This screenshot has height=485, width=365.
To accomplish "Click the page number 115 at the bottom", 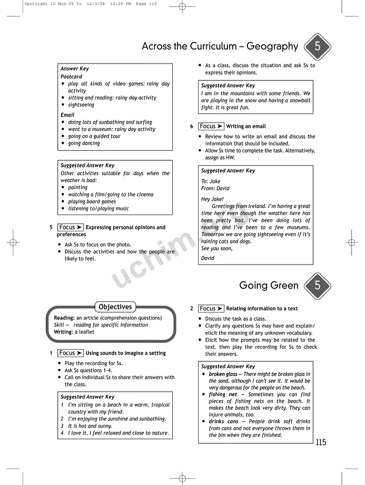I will click(x=321, y=442).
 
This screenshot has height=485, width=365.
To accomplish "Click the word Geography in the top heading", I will click(x=272, y=47).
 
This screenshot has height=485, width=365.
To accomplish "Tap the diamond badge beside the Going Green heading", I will click(x=317, y=285).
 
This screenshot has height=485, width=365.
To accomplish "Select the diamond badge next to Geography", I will click(x=317, y=47).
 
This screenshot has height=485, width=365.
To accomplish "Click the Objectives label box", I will click(x=115, y=307).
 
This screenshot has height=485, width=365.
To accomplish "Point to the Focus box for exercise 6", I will click(x=211, y=126).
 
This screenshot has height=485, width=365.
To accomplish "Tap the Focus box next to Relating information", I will click(x=211, y=308).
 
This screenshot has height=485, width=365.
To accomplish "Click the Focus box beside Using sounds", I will click(x=71, y=353).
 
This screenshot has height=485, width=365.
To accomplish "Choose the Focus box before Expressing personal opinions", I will click(x=71, y=227).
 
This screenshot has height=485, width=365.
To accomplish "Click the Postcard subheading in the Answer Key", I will click(x=71, y=77).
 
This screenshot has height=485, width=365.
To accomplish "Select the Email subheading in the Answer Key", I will click(x=67, y=115).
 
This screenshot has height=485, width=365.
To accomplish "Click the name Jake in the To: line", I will click(x=215, y=181).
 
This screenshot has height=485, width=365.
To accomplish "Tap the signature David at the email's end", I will click(x=208, y=258).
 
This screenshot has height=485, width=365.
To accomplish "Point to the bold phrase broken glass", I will click(x=223, y=374).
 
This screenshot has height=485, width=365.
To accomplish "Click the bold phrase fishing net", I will click(x=223, y=395).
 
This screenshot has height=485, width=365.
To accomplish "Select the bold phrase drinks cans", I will click(x=224, y=421).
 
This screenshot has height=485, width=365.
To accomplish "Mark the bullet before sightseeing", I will click(x=63, y=105).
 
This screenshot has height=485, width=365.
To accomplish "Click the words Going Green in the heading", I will click(x=269, y=285).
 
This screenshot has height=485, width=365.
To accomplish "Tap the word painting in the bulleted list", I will click(x=78, y=188).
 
